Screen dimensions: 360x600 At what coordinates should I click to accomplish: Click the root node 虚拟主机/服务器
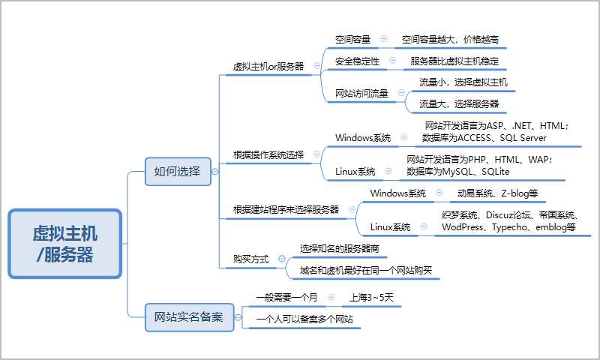point(65,244)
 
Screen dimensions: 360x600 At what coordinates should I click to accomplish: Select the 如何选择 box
point(177,171)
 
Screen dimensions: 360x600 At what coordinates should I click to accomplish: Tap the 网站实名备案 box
point(189,316)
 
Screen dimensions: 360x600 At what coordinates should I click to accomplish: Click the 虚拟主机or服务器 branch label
point(268,66)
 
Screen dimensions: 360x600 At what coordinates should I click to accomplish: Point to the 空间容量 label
point(352,39)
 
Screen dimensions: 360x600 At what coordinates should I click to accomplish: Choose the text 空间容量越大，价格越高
point(451,39)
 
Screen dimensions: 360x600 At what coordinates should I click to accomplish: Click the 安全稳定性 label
point(357,61)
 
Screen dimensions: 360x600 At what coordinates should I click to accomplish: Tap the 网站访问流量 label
point(361,94)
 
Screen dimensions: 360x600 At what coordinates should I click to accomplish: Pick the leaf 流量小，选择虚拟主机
point(463,82)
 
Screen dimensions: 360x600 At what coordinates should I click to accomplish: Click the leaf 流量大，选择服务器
point(458,103)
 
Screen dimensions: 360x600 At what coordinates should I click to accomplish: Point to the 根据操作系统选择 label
point(268,155)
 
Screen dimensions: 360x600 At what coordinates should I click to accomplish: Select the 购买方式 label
point(250,259)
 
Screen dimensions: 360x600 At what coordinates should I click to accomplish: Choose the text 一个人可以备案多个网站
point(304,319)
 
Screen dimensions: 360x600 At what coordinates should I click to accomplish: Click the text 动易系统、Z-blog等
point(497,193)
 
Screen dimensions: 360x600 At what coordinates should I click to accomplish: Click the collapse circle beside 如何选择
point(216,171)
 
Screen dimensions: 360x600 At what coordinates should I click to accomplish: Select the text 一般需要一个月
point(286,298)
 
